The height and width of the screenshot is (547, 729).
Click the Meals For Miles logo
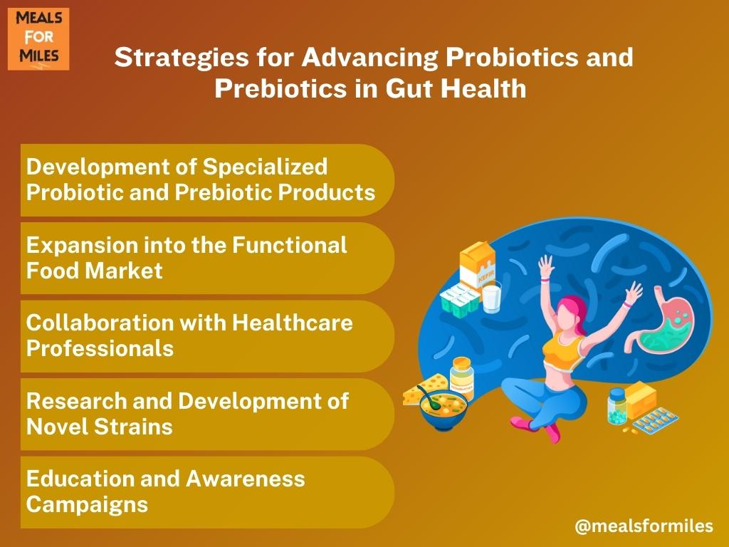(38, 39)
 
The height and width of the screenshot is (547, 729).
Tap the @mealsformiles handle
(644, 526)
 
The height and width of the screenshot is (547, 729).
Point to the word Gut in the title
(409, 88)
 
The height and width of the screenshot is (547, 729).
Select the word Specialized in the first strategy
(265, 167)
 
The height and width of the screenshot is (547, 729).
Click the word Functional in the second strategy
(290, 245)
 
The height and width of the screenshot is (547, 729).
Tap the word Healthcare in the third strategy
(293, 323)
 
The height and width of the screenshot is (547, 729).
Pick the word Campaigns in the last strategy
(87, 505)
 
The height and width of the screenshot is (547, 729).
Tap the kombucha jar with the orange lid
(461, 377)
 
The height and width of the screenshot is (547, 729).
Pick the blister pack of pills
(656, 422)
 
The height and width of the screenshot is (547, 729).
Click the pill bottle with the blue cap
(617, 407)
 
